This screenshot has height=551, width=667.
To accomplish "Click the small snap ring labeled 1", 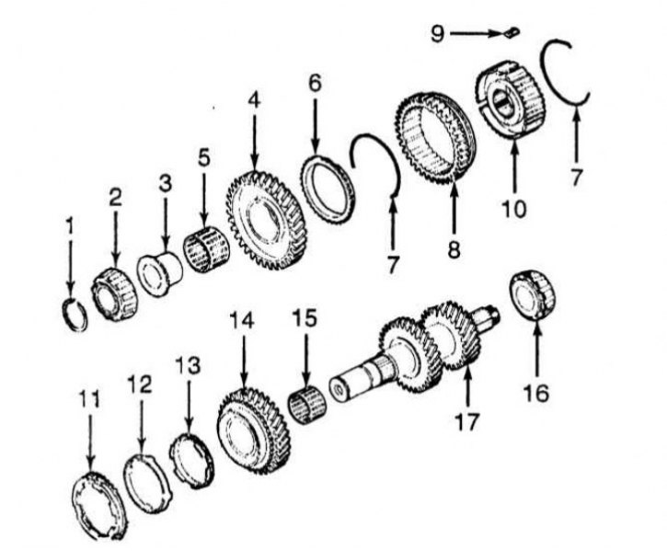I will tap(75, 312).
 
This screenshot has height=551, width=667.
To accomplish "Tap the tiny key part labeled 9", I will tap(510, 32).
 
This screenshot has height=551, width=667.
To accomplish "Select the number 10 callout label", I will tap(513, 210).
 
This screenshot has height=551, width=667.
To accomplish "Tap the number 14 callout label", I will tap(241, 321).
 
